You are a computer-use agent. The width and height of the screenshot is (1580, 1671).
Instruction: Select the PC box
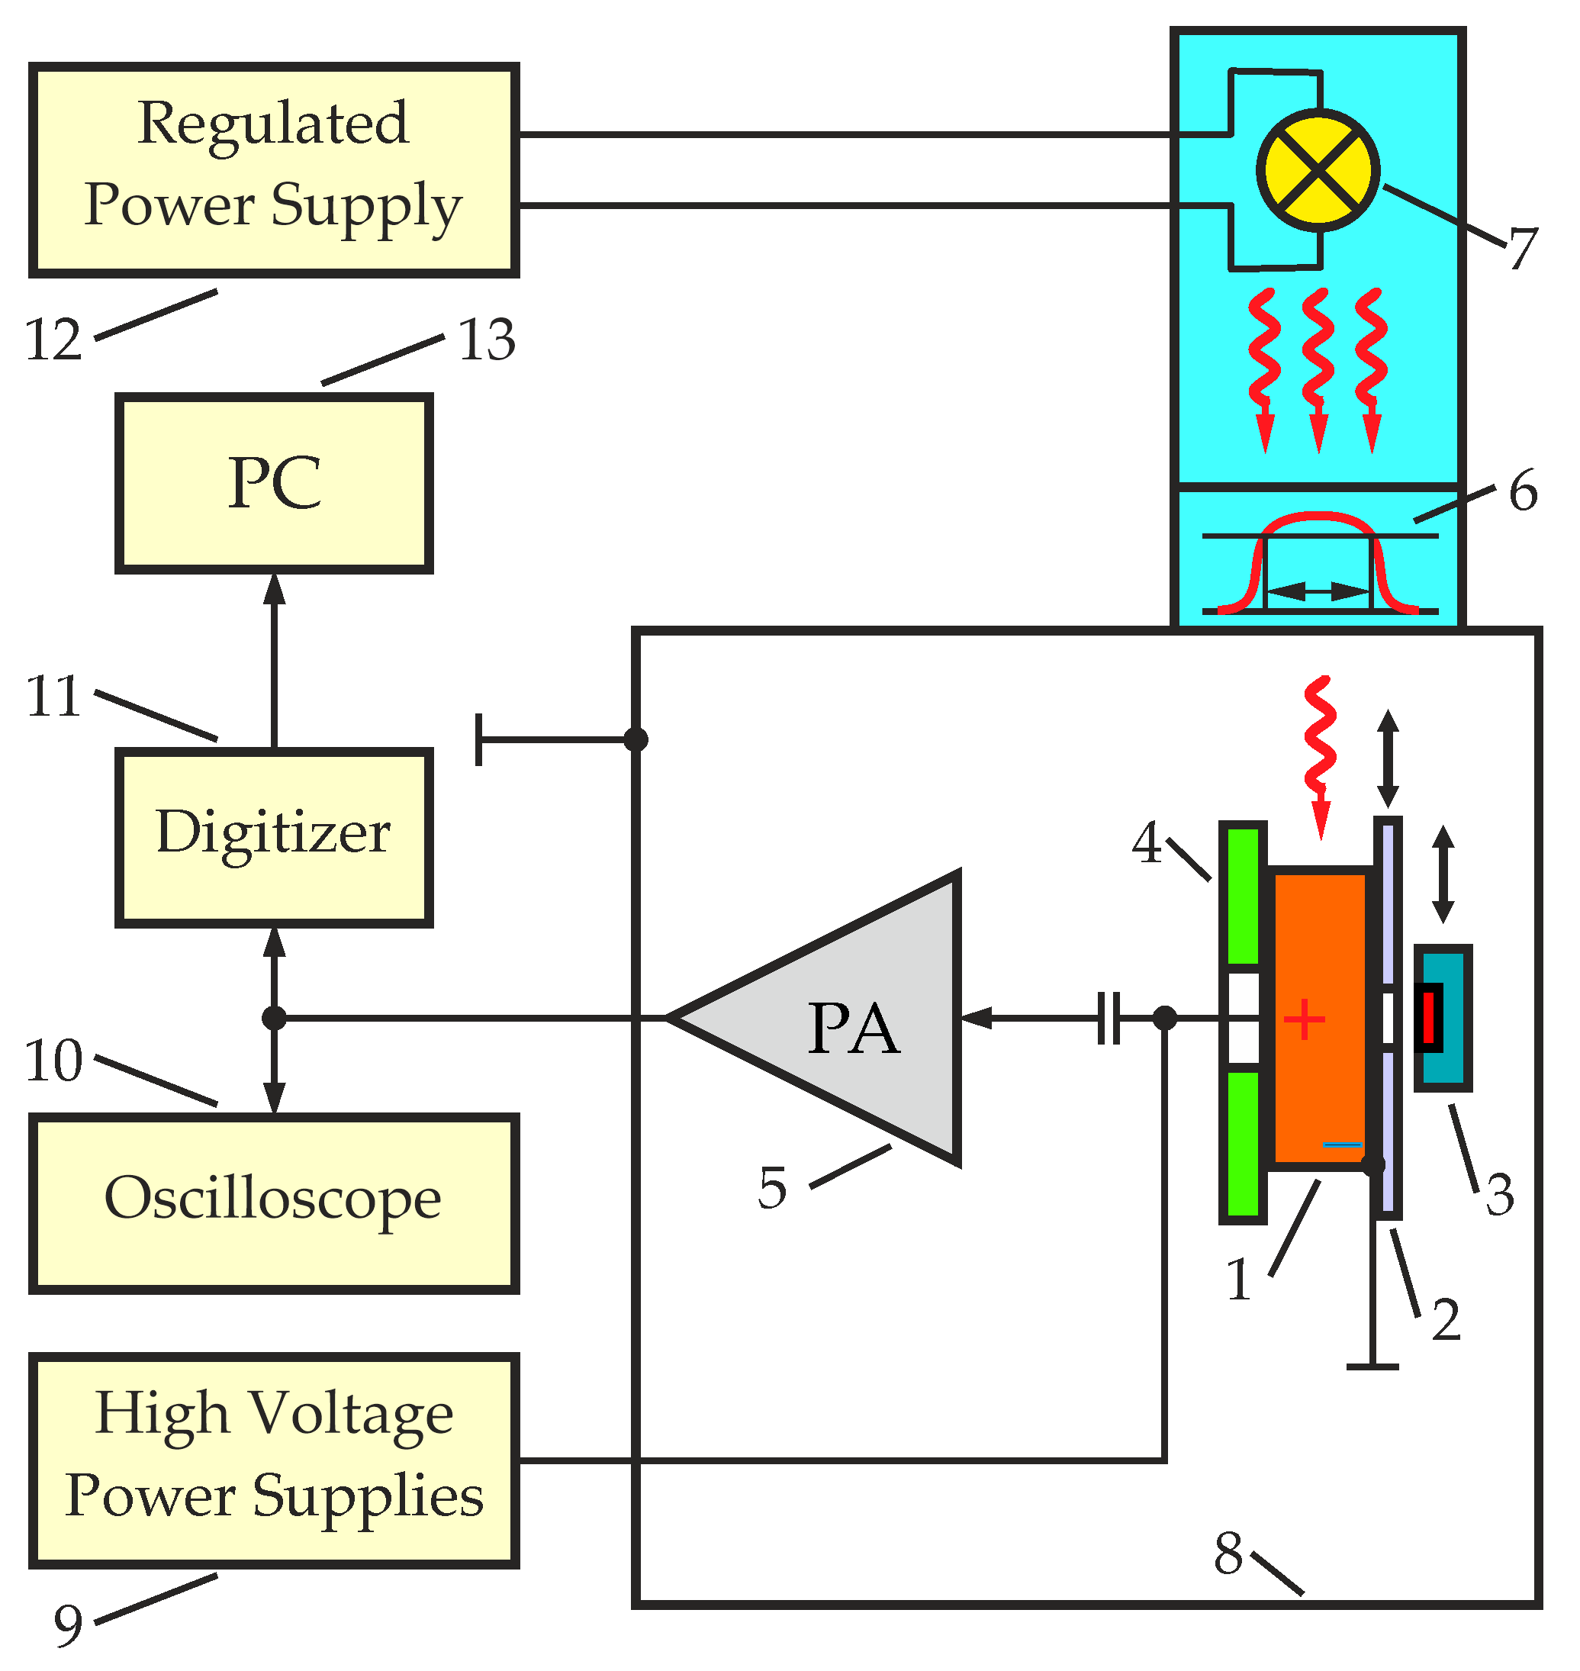coord(274,485)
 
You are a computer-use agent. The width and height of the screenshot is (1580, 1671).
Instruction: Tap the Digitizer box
coord(274,838)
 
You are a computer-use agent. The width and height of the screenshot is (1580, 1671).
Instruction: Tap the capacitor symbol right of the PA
coord(1109,1019)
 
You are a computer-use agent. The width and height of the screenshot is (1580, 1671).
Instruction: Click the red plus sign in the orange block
coord(1304,1020)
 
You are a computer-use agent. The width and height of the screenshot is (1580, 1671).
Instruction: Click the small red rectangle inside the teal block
coord(1429,1017)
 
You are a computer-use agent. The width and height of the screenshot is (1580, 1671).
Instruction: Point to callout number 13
coord(487,341)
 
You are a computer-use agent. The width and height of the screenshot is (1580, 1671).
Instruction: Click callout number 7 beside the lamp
coord(1523,250)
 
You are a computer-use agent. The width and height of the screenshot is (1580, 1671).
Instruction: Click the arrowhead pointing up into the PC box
coord(274,590)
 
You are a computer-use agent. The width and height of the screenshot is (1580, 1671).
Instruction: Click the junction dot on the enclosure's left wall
coord(636,740)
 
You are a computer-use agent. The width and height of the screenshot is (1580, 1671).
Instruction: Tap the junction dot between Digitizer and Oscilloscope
coord(274,1019)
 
